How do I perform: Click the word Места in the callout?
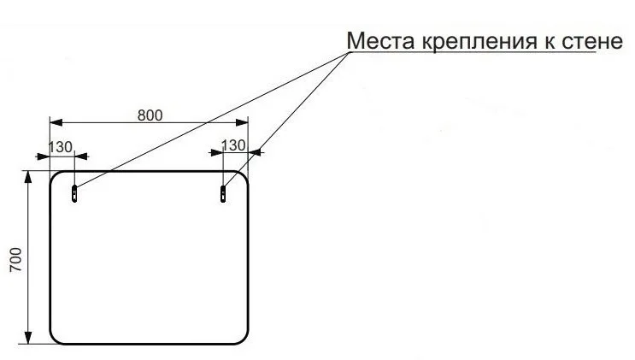pyautogui.click(x=380, y=40)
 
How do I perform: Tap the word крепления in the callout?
pyautogui.click(x=479, y=41)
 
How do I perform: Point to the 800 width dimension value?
pyautogui.click(x=150, y=115)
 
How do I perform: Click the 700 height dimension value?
pyautogui.click(x=15, y=259)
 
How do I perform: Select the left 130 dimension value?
pyautogui.click(x=61, y=147)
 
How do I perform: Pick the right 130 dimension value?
pyautogui.click(x=233, y=145)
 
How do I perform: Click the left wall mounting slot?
pyautogui.click(x=74, y=193)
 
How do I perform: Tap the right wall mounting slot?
pyautogui.click(x=223, y=194)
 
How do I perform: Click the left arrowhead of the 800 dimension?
pyautogui.click(x=56, y=122)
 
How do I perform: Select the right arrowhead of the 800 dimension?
pyautogui.click(x=242, y=122)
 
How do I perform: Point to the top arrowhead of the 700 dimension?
pyautogui.click(x=28, y=178)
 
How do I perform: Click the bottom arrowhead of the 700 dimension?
pyautogui.click(x=28, y=338)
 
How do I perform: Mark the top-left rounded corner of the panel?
pyautogui.click(x=54, y=175)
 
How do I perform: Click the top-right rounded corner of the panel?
pyautogui.click(x=244, y=175)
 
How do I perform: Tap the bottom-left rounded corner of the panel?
pyautogui.click(x=54, y=340)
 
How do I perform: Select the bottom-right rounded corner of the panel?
pyautogui.click(x=244, y=340)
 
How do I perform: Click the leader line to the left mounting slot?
pyautogui.click(x=212, y=120)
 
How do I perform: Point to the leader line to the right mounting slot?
pyautogui.click(x=286, y=120)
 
